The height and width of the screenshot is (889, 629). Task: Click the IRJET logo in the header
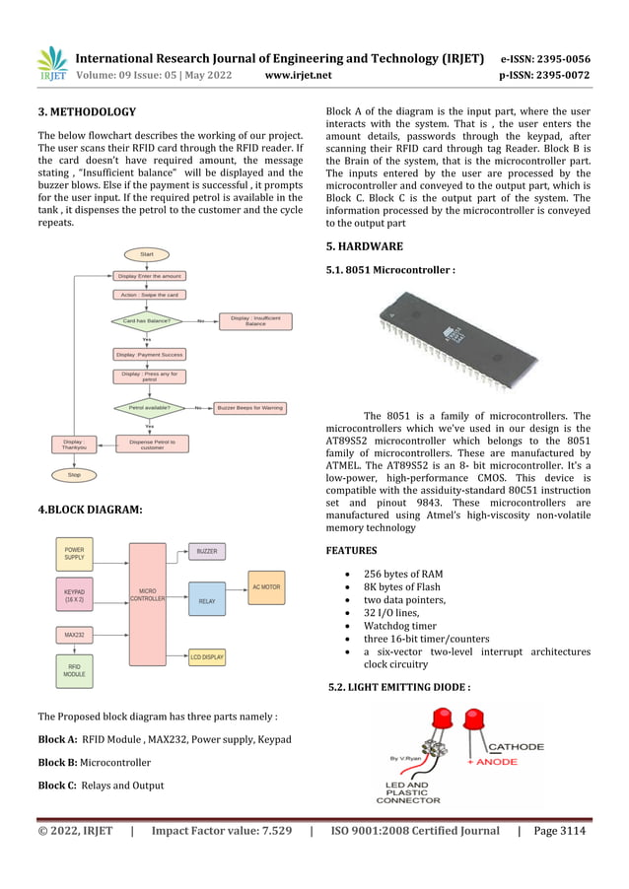[51, 64]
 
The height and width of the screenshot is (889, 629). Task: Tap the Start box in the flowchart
[147, 254]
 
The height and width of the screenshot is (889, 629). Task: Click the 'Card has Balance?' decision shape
[147, 321]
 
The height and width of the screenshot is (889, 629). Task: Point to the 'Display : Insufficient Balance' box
[255, 321]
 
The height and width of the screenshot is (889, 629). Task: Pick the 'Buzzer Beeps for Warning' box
[250, 407]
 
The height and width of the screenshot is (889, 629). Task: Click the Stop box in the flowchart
[73, 474]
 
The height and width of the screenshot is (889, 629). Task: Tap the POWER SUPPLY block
[74, 553]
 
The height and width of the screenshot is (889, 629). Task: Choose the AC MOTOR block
[266, 586]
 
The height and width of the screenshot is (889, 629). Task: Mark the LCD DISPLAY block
[207, 656]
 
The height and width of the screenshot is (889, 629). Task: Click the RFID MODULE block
[74, 670]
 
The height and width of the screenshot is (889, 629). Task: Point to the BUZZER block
[207, 551]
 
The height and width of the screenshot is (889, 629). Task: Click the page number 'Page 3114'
[559, 831]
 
